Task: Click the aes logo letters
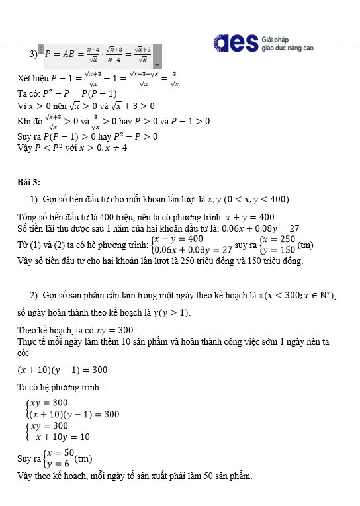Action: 236,43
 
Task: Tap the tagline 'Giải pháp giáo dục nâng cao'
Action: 287,44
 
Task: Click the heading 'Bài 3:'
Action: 28,182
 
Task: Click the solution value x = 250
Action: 279,239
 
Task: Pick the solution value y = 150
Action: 279,250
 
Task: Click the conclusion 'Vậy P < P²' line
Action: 72,148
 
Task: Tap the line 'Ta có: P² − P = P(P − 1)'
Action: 67,94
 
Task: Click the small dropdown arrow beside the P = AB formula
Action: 157,65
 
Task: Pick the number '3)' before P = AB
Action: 33,53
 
